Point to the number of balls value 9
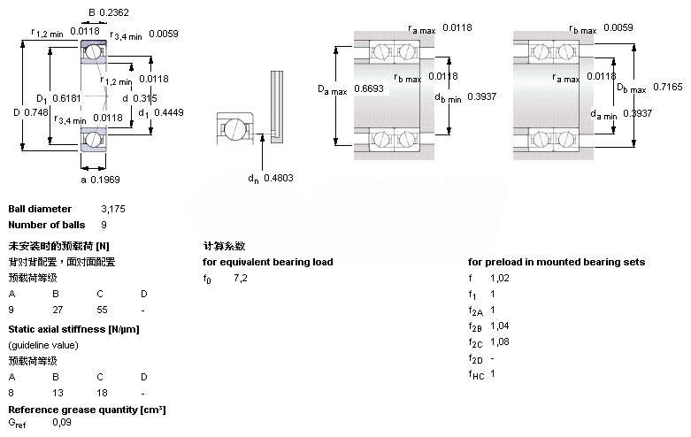tap(104, 225)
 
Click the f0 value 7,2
tap(241, 279)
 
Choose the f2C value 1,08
tap(500, 341)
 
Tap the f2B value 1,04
tap(500, 326)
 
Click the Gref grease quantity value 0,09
tap(62, 423)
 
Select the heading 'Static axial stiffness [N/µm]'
tap(73, 329)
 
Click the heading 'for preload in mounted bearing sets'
tap(557, 262)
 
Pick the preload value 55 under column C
tap(101, 310)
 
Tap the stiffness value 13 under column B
tap(57, 392)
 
